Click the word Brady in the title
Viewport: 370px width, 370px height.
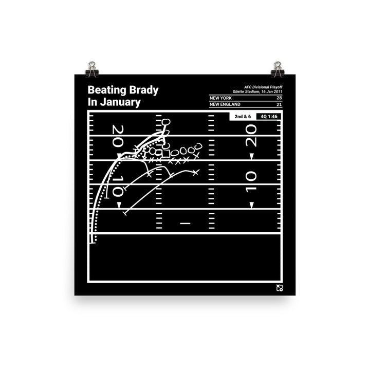[x=141, y=91]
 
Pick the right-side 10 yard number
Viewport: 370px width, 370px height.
[x=251, y=182]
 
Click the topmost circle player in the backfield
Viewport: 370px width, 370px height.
[x=165, y=122]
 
